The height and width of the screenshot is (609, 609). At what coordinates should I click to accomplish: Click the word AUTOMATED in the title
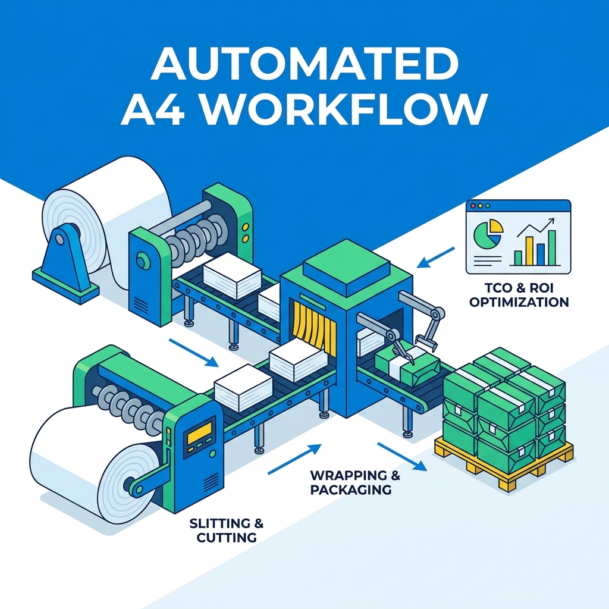tap(305, 63)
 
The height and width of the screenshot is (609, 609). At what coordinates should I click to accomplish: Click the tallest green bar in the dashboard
tap(551, 248)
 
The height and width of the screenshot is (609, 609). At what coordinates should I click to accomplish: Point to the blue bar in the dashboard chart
tap(540, 255)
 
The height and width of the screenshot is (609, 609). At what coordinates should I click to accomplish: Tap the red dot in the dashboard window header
tap(473, 206)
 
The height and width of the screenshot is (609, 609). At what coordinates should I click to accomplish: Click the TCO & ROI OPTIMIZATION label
tap(519, 295)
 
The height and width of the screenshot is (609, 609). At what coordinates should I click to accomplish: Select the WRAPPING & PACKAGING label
tap(355, 482)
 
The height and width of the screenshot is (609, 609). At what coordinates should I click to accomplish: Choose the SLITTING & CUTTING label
tap(227, 530)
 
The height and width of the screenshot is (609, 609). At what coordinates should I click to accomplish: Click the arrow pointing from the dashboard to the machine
tap(435, 258)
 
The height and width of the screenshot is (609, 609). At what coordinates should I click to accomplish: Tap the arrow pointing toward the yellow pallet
tap(402, 457)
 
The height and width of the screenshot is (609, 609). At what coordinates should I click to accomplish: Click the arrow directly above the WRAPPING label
tap(294, 460)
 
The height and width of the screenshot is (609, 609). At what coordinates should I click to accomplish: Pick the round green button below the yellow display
tap(212, 453)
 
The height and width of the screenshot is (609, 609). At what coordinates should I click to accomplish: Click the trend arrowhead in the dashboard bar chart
tap(550, 221)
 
